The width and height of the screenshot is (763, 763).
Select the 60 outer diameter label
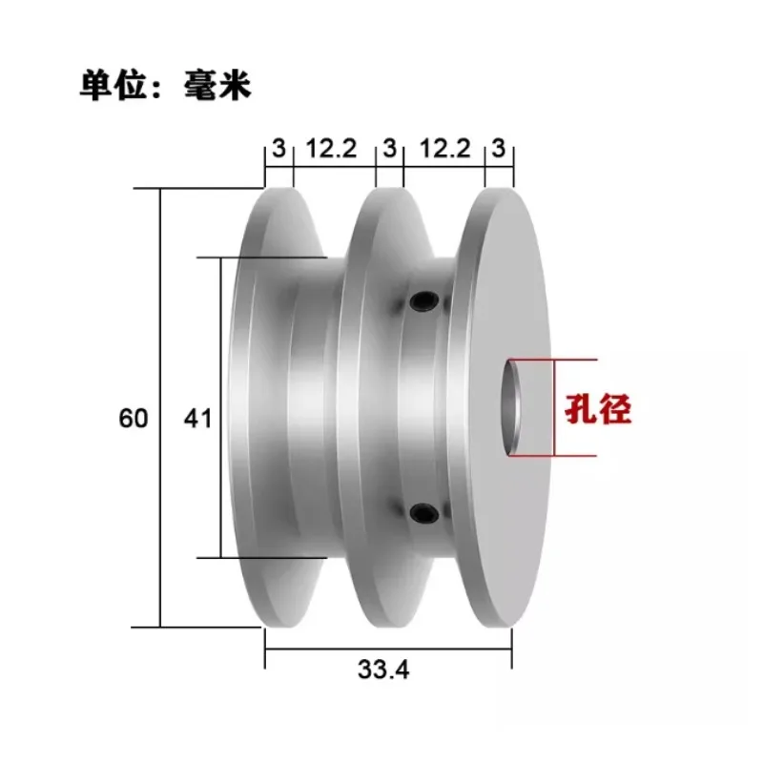click(134, 418)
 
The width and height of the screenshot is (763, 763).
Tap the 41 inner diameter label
click(196, 418)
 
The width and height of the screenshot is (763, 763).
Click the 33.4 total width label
click(384, 670)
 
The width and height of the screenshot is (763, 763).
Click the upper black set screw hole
click(421, 302)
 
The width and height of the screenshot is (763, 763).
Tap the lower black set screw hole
click(421, 515)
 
